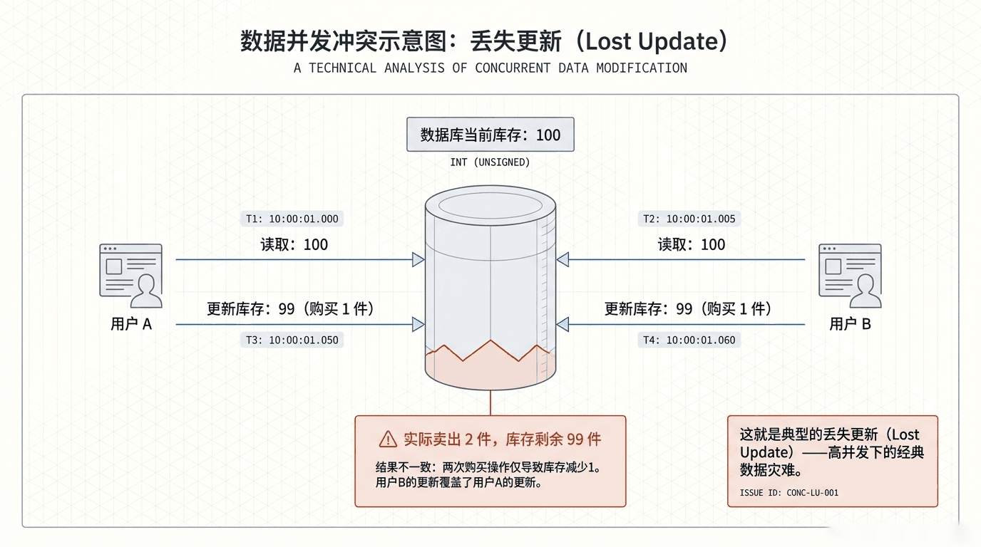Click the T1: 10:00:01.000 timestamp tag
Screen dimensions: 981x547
(292, 219)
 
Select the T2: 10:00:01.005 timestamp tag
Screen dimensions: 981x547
(689, 219)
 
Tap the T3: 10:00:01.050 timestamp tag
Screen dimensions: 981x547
(292, 340)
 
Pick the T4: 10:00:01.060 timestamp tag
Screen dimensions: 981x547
(689, 340)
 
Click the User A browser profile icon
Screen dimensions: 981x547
(131, 276)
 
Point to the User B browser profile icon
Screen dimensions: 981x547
(850, 276)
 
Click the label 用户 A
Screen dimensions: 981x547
(131, 324)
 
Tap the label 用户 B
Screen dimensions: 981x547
(850, 324)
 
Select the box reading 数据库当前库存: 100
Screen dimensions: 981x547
(490, 135)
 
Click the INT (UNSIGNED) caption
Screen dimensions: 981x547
(490, 162)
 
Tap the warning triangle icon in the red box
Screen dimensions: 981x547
(388, 439)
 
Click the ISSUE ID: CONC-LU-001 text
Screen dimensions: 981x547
(789, 493)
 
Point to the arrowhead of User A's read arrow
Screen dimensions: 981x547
(418, 259)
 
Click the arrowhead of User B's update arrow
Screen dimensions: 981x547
(563, 324)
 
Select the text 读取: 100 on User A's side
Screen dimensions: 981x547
(294, 244)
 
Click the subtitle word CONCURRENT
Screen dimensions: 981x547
(513, 68)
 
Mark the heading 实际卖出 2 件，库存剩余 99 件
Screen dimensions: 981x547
(503, 439)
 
